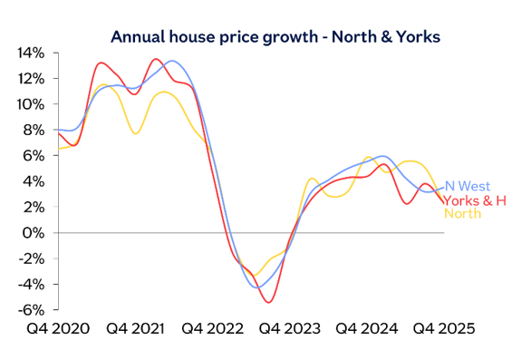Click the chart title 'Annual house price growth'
275,37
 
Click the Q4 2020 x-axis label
59,328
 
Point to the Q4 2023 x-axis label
290,328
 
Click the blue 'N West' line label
468,187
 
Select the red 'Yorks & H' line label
474,199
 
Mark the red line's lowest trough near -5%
269,302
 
